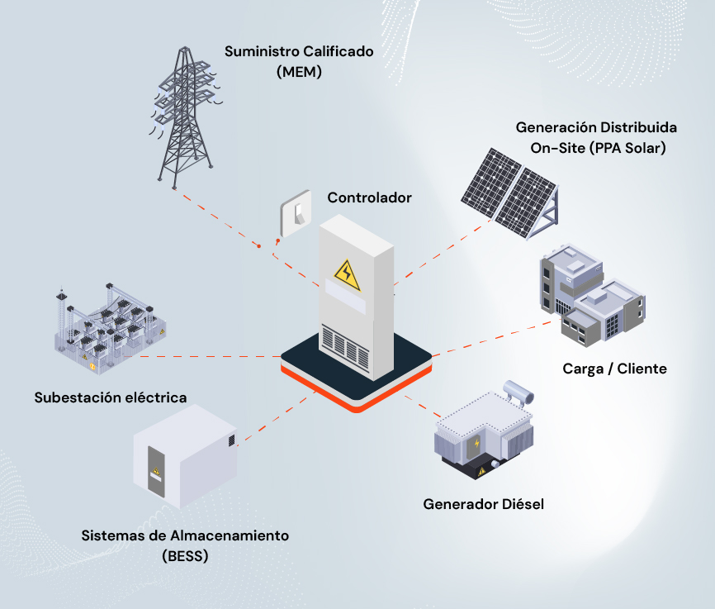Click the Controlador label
pos(369,198)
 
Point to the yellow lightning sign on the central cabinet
pos(347,274)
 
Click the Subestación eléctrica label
pos(111,397)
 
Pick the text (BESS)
pos(186,555)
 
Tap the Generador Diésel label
pos(484,503)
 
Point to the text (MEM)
pos(299,72)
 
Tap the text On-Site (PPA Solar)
pos(597,149)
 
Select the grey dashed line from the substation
pos(215,356)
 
